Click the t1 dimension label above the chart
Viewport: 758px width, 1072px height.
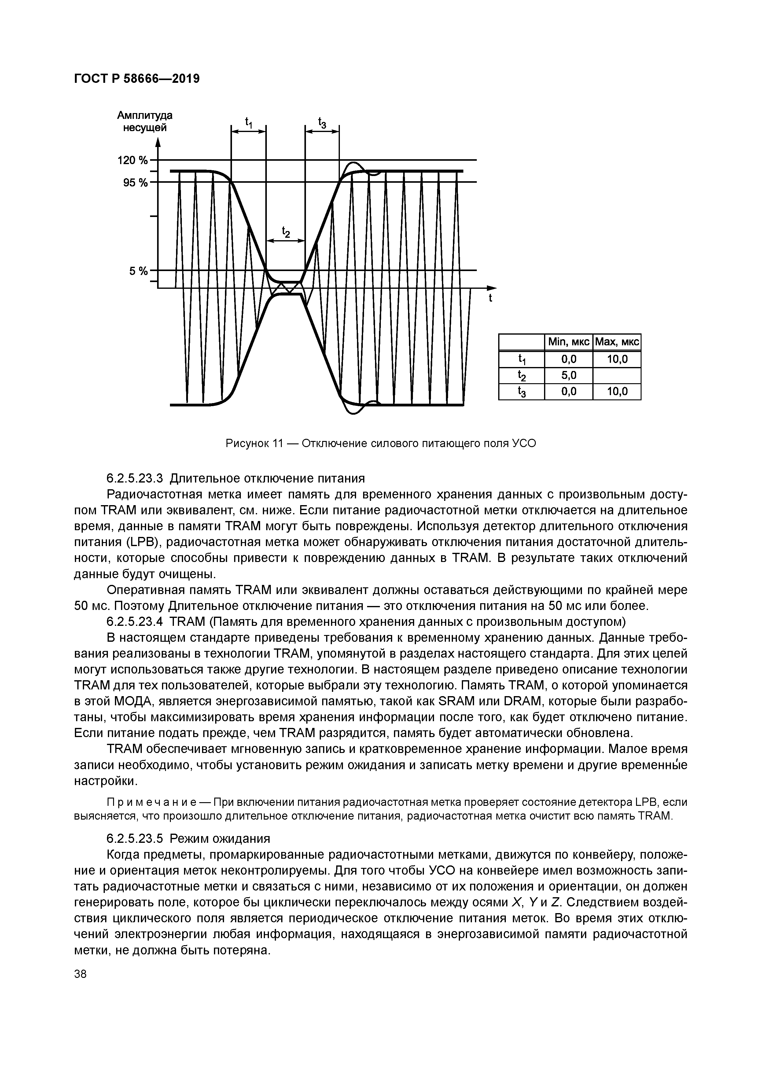248,123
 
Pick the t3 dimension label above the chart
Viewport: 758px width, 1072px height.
322,123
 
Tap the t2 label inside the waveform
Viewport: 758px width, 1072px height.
285,232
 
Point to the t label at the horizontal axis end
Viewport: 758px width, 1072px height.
490,298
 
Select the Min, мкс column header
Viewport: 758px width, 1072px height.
568,342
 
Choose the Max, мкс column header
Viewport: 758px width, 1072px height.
616,342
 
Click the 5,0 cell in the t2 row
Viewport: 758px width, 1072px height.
568,375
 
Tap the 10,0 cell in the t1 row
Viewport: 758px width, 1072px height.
616,359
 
